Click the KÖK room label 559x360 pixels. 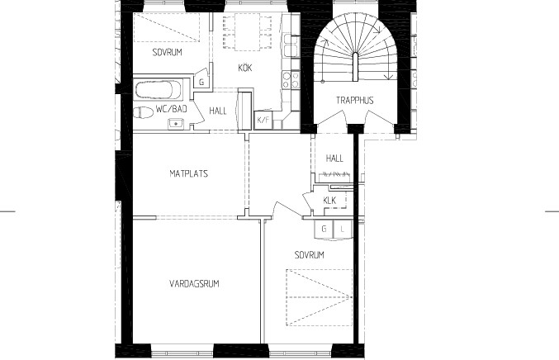tap(245, 68)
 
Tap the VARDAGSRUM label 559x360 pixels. tap(194, 284)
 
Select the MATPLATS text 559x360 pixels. tap(188, 173)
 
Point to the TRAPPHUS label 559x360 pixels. tap(355, 100)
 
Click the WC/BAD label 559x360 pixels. tap(172, 109)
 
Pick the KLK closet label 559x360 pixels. tap(329, 201)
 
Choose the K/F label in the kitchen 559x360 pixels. tap(263, 120)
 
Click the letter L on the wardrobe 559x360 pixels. tap(342, 229)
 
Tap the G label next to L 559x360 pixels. tap(324, 229)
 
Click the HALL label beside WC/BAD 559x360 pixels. tap(218, 111)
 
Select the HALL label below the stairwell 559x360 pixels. tap(334, 158)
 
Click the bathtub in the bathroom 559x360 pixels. tap(159, 89)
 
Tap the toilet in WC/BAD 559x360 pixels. tap(144, 112)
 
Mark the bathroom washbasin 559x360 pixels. tap(175, 124)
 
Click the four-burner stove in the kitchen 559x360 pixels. tap(291, 80)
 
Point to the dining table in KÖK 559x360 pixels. tap(247, 31)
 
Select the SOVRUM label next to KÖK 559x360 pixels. tap(167, 52)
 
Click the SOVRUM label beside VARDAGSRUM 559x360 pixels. tap(310, 255)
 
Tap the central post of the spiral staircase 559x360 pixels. tap(355, 67)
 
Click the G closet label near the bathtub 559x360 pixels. tap(201, 83)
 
